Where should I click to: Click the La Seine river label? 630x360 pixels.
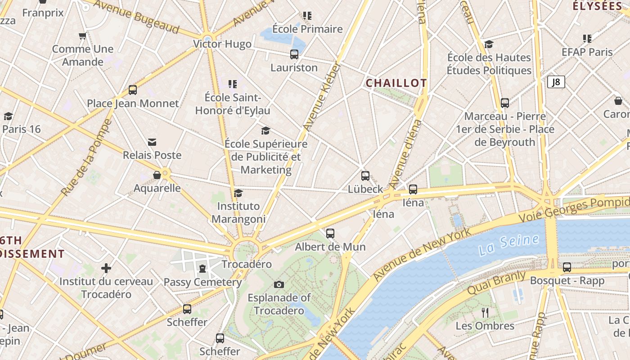(x=509, y=244)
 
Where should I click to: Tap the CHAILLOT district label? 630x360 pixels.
(x=396, y=83)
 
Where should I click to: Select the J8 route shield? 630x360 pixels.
(x=556, y=82)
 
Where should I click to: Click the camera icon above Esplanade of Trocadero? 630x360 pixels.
(x=279, y=284)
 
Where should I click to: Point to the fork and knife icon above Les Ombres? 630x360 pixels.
(x=485, y=312)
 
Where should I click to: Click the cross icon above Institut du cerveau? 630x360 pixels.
(x=106, y=269)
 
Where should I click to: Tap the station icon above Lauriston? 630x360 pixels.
(x=294, y=54)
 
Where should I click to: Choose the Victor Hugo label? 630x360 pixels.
(x=222, y=44)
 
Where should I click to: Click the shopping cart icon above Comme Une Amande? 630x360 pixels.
(x=82, y=36)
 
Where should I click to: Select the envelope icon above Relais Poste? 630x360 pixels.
(x=152, y=142)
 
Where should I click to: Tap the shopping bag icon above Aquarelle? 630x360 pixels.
(x=157, y=175)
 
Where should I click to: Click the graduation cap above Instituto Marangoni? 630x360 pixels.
(x=238, y=193)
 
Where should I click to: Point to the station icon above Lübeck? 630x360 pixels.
(x=365, y=176)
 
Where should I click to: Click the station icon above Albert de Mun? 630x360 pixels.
(x=330, y=234)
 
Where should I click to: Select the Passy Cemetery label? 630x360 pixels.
(x=202, y=282)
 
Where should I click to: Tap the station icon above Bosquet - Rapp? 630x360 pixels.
(x=567, y=267)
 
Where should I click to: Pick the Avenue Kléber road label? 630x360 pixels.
(x=322, y=97)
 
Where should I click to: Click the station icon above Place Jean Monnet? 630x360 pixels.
(x=133, y=90)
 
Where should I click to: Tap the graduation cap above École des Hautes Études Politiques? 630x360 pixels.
(x=489, y=44)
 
